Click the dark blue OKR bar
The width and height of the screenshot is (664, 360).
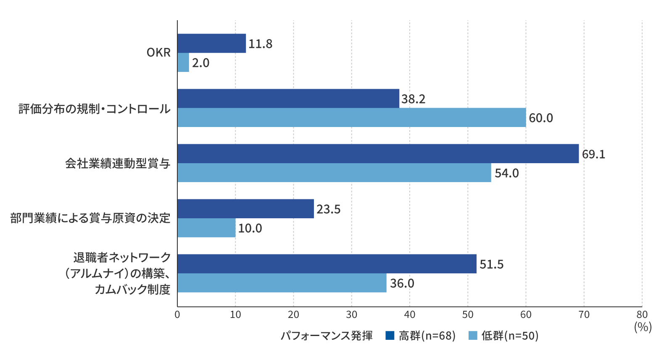click(x=211, y=43)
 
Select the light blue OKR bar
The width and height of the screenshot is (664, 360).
click(x=183, y=62)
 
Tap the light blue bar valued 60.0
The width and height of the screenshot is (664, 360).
click(x=351, y=117)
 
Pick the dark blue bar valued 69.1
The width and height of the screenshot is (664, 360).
click(x=378, y=154)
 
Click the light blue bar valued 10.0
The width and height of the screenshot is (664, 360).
click(x=206, y=228)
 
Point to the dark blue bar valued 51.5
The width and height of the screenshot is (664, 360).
click(x=327, y=264)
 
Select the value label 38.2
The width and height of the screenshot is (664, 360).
click(x=413, y=99)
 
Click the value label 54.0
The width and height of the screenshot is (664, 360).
click(x=506, y=173)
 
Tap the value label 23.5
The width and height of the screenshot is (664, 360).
click(x=328, y=209)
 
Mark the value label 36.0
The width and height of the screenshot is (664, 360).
click(x=402, y=283)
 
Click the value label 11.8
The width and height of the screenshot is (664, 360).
click(x=260, y=44)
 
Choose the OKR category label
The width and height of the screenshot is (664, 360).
click(x=158, y=53)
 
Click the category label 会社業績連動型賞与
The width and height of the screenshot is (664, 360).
click(x=118, y=163)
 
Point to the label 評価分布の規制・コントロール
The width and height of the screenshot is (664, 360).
click(x=95, y=109)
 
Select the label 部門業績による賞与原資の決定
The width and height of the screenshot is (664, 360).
click(x=90, y=218)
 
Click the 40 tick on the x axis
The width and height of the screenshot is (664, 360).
click(x=409, y=315)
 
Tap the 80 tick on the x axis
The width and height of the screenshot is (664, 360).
click(x=642, y=315)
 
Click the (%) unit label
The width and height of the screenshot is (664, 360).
click(x=643, y=327)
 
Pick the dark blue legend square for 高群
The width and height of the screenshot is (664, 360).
click(x=390, y=336)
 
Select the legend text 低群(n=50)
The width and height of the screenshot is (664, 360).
click(x=510, y=336)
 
